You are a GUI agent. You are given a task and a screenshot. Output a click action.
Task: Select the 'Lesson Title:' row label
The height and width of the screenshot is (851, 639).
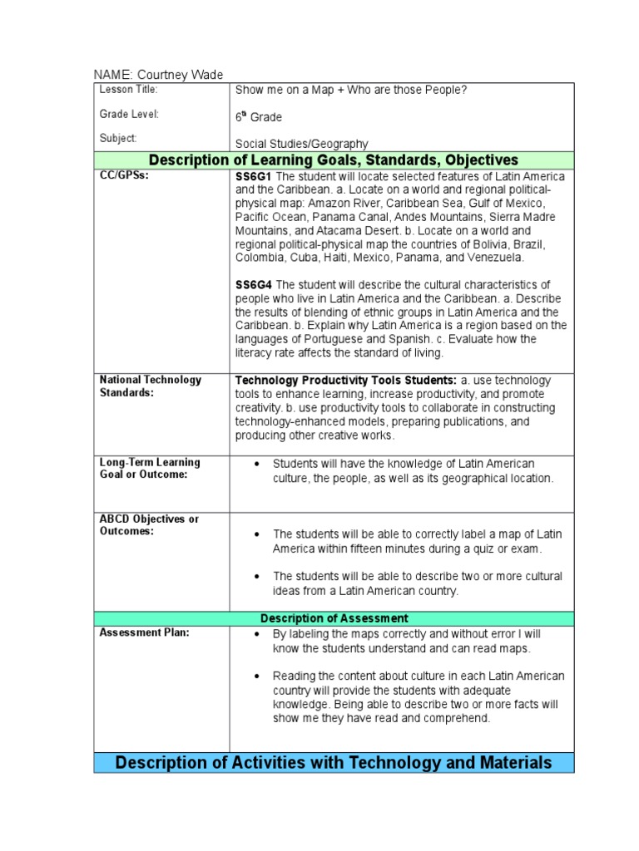tap(128, 90)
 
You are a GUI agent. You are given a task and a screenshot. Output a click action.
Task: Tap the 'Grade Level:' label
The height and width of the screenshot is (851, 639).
tap(129, 114)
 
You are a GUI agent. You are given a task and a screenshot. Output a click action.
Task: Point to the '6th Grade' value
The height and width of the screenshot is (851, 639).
tap(259, 118)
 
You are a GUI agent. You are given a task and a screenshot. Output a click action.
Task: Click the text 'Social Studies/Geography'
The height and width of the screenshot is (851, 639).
tap(302, 144)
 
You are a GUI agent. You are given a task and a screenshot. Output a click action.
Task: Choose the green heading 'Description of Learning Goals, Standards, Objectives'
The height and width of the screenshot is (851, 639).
tap(333, 160)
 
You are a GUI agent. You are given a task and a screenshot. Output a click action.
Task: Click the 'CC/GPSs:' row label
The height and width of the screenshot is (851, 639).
tap(124, 177)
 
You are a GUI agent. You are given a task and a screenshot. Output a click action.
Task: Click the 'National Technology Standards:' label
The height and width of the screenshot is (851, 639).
tap(150, 386)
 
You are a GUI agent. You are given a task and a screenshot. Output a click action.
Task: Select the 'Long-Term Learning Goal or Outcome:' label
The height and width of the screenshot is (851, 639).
tap(150, 468)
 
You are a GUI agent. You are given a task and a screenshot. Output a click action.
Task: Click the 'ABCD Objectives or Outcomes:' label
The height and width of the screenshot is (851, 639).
tap(149, 525)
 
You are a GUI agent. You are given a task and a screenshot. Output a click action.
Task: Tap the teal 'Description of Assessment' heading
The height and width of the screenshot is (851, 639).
tap(334, 618)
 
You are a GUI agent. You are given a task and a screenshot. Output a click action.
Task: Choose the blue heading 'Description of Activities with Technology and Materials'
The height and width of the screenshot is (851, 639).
tap(334, 762)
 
